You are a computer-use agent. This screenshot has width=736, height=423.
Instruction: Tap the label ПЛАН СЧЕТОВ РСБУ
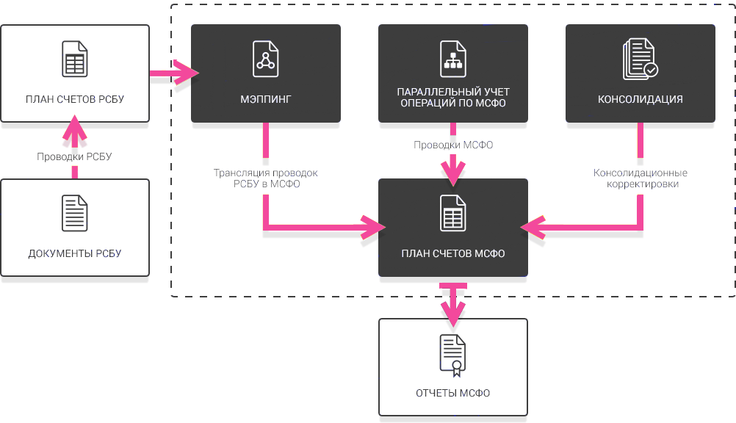(75, 100)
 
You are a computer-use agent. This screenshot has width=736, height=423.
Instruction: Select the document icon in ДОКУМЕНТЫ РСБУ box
(74, 213)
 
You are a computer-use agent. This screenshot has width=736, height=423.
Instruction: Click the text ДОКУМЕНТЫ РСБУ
(75, 254)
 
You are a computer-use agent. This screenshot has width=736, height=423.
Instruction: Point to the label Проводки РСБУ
(75, 156)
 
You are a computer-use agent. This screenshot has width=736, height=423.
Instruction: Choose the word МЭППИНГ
(266, 100)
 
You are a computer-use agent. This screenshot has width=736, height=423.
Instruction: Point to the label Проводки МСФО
(453, 145)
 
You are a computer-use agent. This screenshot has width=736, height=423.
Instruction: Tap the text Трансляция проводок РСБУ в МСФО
(266, 178)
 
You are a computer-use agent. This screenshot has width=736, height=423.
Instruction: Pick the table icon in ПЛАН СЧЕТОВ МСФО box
(452, 214)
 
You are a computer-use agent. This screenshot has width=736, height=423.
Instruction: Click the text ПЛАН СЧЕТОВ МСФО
(453, 254)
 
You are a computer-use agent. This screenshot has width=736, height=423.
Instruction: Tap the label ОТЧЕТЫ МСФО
(453, 394)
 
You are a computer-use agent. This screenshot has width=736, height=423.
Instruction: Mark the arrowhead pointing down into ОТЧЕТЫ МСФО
(452, 314)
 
